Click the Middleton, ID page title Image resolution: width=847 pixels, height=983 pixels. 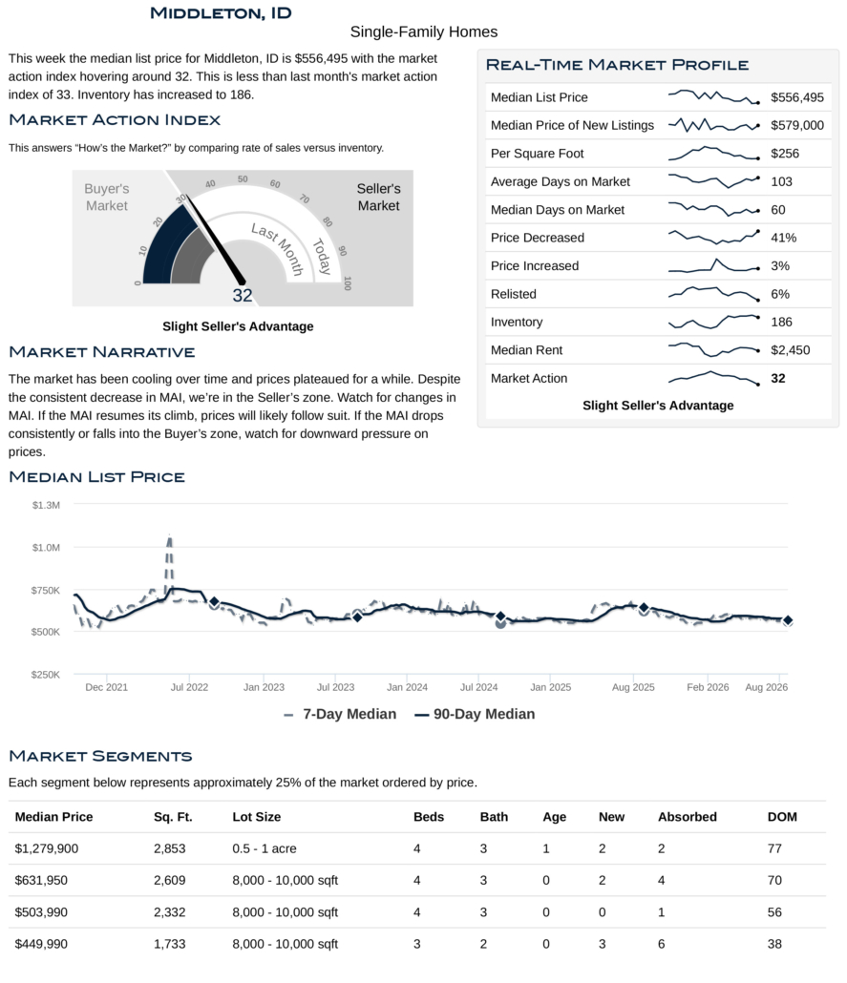(x=221, y=13)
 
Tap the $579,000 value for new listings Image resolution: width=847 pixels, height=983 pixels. (x=797, y=125)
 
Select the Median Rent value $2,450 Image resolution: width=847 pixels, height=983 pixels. (x=790, y=350)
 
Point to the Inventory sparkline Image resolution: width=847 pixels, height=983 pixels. (x=714, y=322)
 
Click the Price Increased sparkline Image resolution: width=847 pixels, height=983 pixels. (x=714, y=266)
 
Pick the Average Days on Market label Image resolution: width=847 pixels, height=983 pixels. (x=561, y=181)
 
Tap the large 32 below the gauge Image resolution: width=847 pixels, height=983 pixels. (x=243, y=295)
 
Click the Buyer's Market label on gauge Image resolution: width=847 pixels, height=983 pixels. (x=107, y=197)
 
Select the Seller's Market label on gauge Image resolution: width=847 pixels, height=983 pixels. (x=378, y=197)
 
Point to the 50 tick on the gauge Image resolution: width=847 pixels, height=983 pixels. (x=243, y=179)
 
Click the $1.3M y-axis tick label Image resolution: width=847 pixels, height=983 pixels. (x=47, y=505)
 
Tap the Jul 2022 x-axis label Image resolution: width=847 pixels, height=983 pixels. (x=189, y=687)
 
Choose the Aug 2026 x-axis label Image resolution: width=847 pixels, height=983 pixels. (x=766, y=687)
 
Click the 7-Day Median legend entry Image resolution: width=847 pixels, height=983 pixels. (x=341, y=714)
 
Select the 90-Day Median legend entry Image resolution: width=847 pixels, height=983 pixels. (x=475, y=714)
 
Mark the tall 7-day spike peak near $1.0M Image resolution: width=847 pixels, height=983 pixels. (x=169, y=536)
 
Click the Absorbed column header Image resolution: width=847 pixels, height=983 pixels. (x=687, y=817)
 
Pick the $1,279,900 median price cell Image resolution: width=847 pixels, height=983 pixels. (x=47, y=848)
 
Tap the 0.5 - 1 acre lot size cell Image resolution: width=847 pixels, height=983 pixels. (x=265, y=848)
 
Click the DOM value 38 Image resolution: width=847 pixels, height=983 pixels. (x=774, y=944)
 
